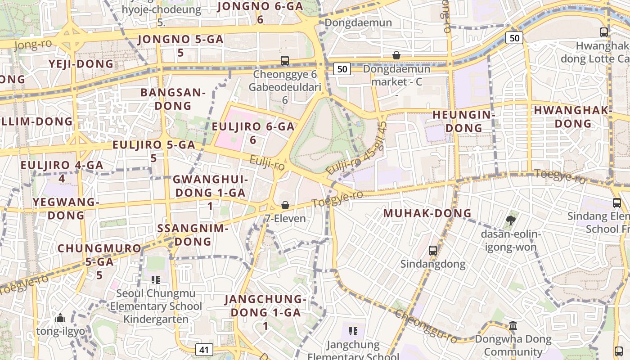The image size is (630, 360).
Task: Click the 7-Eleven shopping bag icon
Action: point(285,206)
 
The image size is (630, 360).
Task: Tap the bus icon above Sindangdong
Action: point(433,250)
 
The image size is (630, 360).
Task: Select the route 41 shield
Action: point(204,349)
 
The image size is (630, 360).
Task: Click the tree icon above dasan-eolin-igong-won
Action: point(510,220)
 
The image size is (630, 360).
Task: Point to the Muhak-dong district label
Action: point(427,213)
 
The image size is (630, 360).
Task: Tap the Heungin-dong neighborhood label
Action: point(463,121)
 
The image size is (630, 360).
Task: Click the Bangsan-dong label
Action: point(173,99)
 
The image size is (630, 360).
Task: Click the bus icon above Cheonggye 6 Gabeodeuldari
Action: point(284,60)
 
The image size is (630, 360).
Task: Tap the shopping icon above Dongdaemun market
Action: point(396,55)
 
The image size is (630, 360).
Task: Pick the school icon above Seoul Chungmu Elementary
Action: point(156,280)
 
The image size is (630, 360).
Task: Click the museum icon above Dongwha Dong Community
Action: point(513,325)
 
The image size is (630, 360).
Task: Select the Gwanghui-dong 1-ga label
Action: point(210,193)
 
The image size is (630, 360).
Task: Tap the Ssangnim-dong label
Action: point(193,234)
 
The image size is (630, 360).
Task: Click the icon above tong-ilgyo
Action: point(60,318)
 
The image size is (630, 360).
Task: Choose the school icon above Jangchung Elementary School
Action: point(353,331)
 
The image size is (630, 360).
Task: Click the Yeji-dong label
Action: point(81,64)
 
